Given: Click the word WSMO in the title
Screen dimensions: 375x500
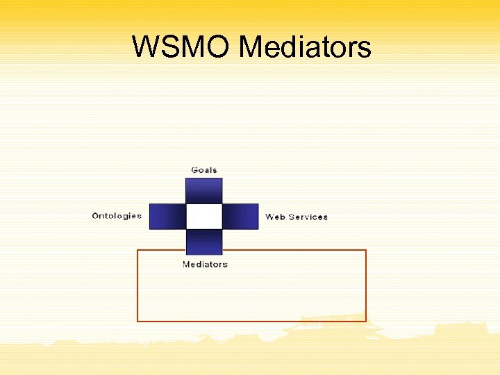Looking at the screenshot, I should pyautogui.click(x=181, y=48).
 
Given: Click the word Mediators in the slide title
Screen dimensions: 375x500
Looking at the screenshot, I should pyautogui.click(x=305, y=48).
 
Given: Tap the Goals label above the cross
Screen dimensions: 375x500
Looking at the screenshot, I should pyautogui.click(x=204, y=170).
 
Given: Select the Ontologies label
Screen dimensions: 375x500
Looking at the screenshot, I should pyautogui.click(x=117, y=216).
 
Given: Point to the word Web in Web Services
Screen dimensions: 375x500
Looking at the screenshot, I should pyautogui.click(x=275, y=217).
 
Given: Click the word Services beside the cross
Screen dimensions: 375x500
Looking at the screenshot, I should pyautogui.click(x=308, y=217).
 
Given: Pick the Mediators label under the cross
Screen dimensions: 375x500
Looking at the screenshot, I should pyautogui.click(x=205, y=265).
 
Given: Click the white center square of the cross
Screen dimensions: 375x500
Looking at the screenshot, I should pyautogui.click(x=204, y=217).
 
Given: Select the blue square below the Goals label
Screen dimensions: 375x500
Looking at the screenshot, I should pyautogui.click(x=204, y=190).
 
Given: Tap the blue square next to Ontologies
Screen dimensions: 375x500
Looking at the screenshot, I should pyautogui.click(x=167, y=217).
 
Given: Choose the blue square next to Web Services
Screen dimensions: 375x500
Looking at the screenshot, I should pyautogui.click(x=240, y=217).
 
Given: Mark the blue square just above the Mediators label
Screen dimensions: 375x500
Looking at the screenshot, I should pyautogui.click(x=204, y=242).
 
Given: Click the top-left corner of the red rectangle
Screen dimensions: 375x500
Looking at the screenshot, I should pyautogui.click(x=137, y=250).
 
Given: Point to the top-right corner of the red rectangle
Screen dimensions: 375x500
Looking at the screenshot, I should pyautogui.click(x=366, y=250).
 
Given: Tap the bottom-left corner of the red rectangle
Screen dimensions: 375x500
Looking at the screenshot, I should pyautogui.click(x=137, y=322).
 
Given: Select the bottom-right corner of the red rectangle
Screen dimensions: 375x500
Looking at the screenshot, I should pyautogui.click(x=366, y=322).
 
